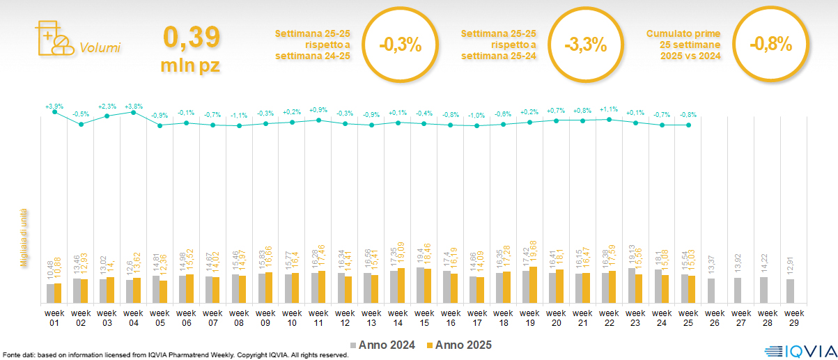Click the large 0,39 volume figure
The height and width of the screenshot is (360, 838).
coord(192,37)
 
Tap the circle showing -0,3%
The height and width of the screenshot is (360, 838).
coord(401,46)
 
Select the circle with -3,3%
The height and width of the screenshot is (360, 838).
coord(586,46)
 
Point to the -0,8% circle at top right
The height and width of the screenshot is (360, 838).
coord(771,45)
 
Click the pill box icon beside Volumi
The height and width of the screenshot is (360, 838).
coord(52,38)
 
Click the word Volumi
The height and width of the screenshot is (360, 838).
coord(100,48)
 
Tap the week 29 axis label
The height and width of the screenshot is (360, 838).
coord(789,318)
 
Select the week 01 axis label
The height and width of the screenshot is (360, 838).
coord(54,318)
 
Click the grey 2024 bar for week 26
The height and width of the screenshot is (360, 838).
coord(711,290)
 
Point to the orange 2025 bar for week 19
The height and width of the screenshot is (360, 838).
coord(534,285)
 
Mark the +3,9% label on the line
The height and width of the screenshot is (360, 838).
coord(54,107)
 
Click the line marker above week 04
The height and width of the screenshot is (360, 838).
coord(133,112)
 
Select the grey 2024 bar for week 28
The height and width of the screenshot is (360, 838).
coord(763,290)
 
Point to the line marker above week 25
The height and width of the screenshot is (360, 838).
coord(688,125)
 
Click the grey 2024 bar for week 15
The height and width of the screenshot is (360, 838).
coord(419,285)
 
